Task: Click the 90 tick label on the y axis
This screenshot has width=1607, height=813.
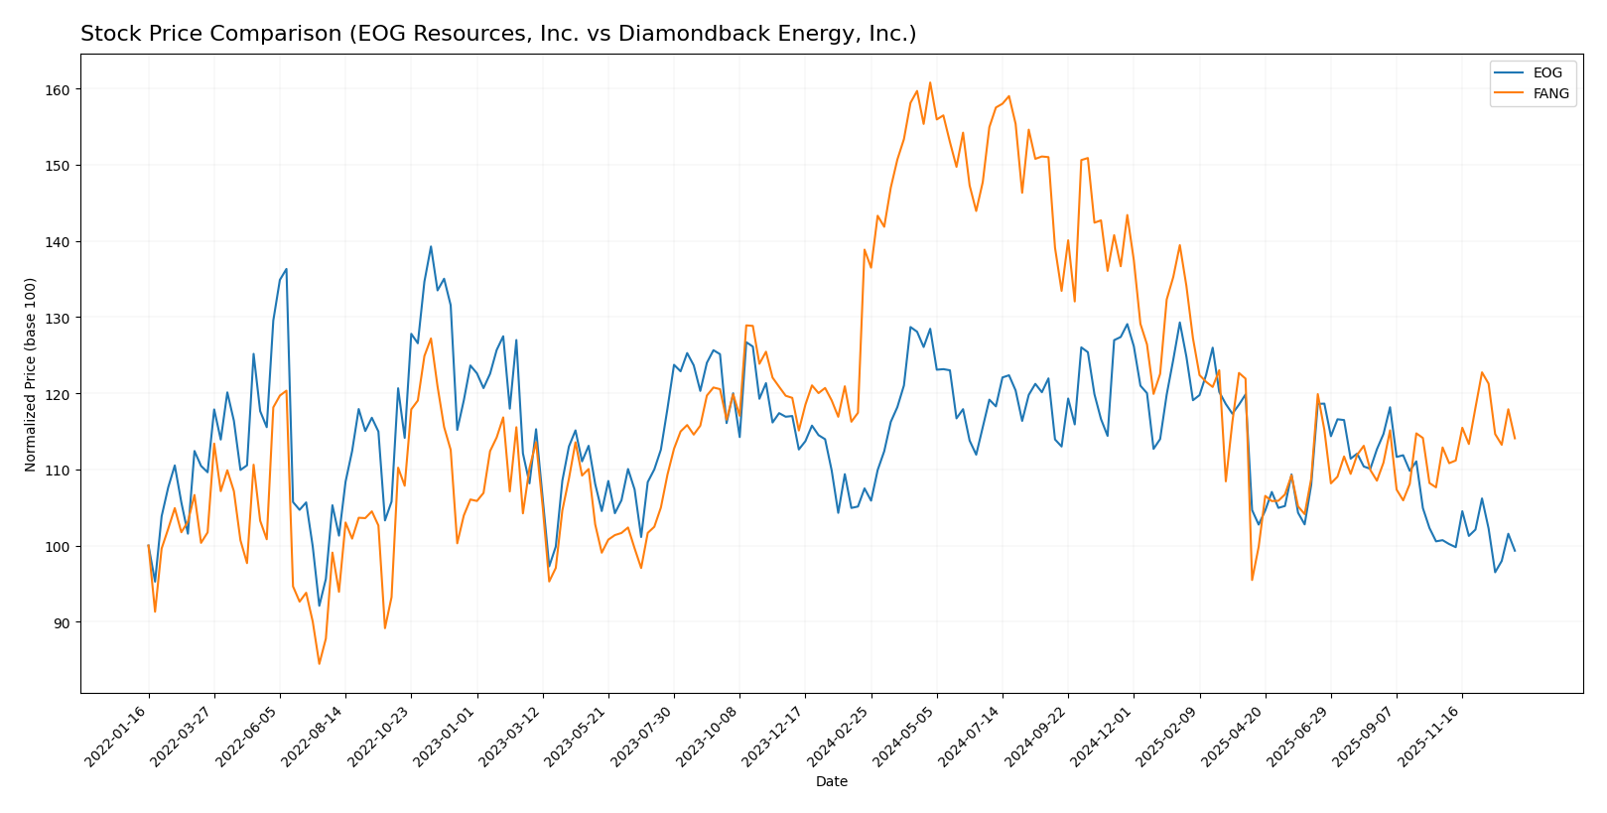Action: tap(64, 622)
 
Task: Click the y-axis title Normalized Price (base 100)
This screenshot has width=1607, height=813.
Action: tap(31, 374)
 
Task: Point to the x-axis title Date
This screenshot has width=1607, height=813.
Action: tap(831, 782)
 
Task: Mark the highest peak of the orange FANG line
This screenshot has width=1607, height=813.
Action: tap(929, 82)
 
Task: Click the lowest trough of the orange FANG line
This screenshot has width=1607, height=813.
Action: tap(319, 663)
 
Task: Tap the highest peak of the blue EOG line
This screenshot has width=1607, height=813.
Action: tap(431, 246)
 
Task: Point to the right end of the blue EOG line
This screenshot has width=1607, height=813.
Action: tap(1514, 551)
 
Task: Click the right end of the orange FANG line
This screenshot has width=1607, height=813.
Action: tap(1514, 438)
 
